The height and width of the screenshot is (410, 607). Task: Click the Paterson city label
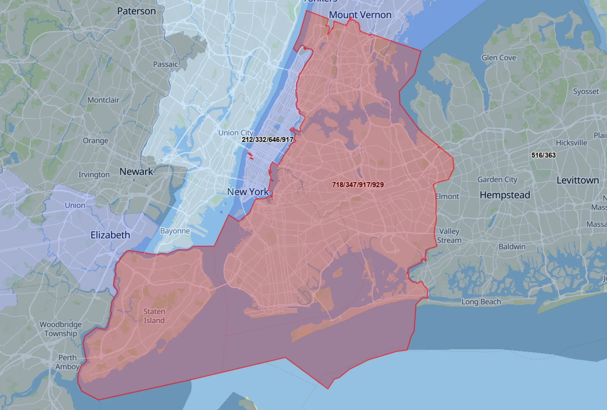tap(136, 11)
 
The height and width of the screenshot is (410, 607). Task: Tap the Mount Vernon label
tap(360, 15)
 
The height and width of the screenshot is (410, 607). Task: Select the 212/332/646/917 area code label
tap(267, 139)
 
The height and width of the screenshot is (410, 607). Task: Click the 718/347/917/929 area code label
tap(358, 185)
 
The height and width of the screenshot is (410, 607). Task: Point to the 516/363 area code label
tap(543, 155)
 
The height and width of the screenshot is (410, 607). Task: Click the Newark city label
tap(136, 172)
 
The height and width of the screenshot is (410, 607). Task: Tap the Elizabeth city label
tap(110, 235)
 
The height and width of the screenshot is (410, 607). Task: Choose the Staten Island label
tap(154, 316)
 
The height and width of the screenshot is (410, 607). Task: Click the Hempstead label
tap(505, 195)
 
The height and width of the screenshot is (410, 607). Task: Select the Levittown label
tap(578, 180)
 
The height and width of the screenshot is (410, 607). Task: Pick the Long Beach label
tap(481, 302)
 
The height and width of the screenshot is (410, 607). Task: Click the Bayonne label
tap(175, 231)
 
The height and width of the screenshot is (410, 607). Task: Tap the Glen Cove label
tap(499, 58)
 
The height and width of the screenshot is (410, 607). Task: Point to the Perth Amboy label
tap(67, 362)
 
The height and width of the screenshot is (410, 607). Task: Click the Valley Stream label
tap(449, 236)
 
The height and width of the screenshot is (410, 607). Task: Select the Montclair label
tap(103, 100)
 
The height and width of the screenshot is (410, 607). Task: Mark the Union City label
tap(236, 133)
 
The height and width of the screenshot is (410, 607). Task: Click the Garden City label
tap(497, 180)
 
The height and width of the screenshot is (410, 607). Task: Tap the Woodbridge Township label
tap(61, 329)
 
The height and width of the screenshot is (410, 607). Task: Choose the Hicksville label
tap(571, 143)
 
